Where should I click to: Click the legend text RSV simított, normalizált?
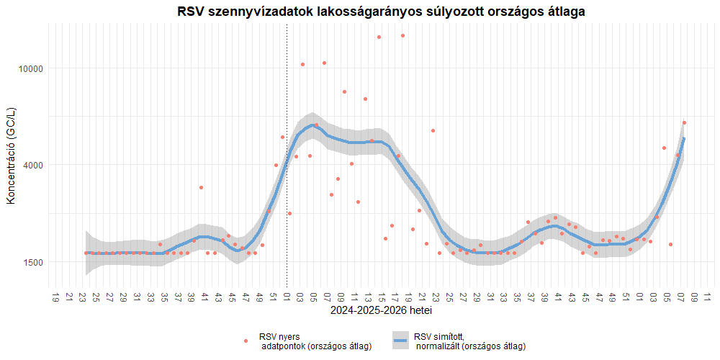coord(469,341)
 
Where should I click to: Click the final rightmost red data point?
coord(684,123)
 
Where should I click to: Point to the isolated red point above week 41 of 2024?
coord(202,187)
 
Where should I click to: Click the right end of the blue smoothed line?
coord(683,139)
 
